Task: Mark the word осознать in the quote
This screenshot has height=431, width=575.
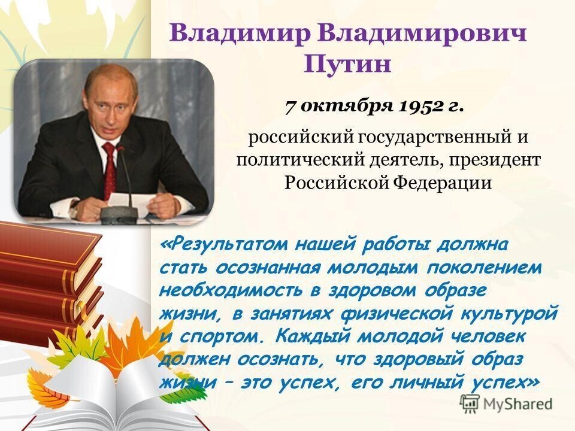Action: (x=258, y=358)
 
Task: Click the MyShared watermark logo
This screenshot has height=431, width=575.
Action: (x=507, y=402)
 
